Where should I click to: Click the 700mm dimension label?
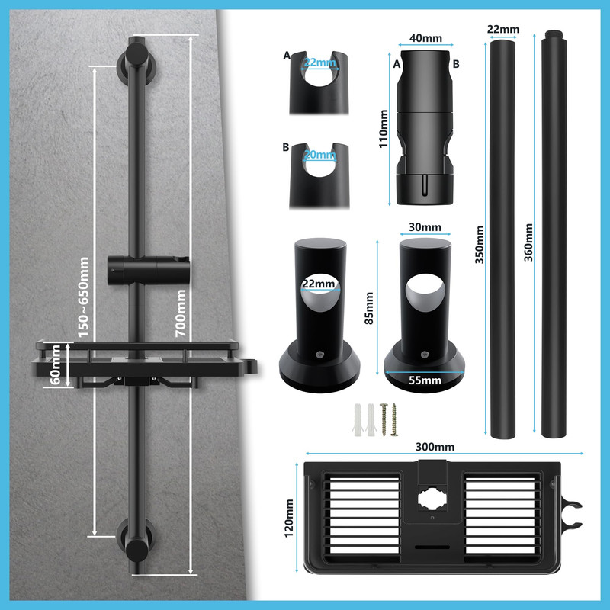click(x=181, y=313)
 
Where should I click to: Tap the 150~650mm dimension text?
click(x=83, y=297)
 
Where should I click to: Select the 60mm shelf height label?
click(x=55, y=365)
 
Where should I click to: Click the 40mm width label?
click(x=425, y=38)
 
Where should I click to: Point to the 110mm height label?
click(x=384, y=129)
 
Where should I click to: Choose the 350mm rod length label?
click(x=480, y=245)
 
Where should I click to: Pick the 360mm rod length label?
click(x=528, y=242)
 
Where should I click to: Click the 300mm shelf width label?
click(x=435, y=447)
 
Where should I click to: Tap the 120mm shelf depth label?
click(x=289, y=518)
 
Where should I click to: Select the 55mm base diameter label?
click(x=425, y=380)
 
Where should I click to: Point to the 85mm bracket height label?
click(x=369, y=309)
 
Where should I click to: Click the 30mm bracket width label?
click(x=425, y=227)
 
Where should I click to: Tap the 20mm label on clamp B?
click(x=319, y=155)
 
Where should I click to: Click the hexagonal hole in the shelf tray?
click(x=432, y=499)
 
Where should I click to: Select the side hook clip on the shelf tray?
click(x=571, y=515)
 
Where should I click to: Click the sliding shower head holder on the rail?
click(x=149, y=270)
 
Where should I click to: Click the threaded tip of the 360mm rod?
click(x=554, y=34)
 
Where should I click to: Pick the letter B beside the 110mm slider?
click(x=456, y=64)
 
